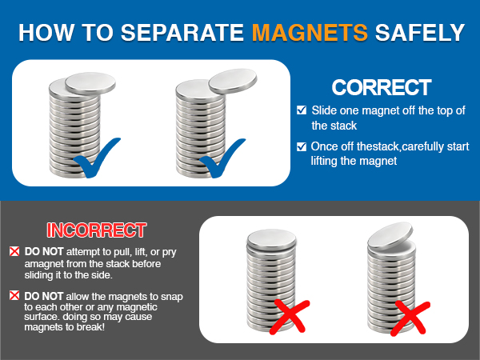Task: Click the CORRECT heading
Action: coord(382,87)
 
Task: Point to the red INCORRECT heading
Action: coord(96,230)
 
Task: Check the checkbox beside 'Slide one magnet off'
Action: coord(301,110)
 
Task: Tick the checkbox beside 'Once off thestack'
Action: coord(301,146)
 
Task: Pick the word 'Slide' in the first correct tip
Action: coord(325,110)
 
